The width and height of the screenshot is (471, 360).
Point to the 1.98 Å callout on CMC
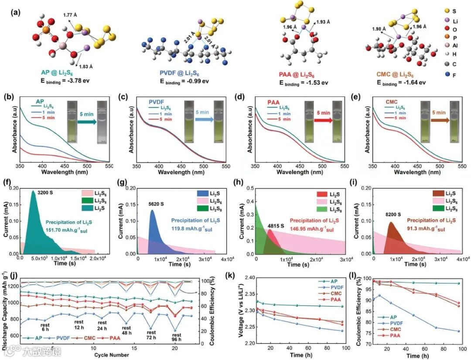pyautogui.click(x=379, y=29)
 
